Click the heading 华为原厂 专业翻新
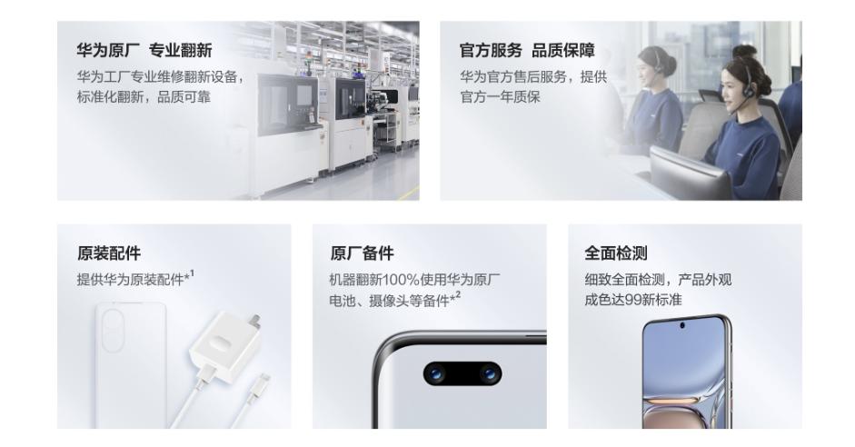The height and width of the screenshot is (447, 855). [x=144, y=51]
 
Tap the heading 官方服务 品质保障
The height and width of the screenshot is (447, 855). [x=527, y=51]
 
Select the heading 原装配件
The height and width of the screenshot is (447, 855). [x=109, y=253]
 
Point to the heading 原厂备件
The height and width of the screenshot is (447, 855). [x=362, y=253]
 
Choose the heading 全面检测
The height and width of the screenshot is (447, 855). [x=616, y=253]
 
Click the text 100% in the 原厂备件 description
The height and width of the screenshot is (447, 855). [x=402, y=280]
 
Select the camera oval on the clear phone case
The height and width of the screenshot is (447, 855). [x=114, y=333]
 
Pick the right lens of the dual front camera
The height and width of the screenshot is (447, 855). [x=489, y=374]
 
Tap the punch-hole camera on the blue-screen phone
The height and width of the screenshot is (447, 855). [x=682, y=326]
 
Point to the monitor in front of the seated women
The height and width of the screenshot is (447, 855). [x=689, y=174]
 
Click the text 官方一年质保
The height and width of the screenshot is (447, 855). [x=500, y=97]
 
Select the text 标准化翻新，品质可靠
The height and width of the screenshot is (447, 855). [x=144, y=97]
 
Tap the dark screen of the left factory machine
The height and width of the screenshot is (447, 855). [x=287, y=105]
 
